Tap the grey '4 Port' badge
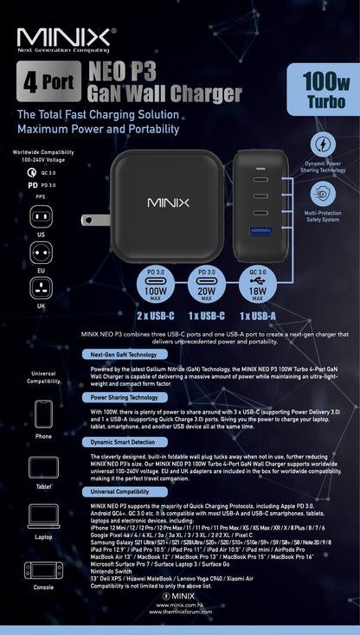[46, 84]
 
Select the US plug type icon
[42, 215]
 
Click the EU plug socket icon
[42, 253]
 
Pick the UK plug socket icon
[42, 289]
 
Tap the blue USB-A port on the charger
[258, 233]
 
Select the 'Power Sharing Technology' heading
[124, 397]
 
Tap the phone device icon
[43, 414]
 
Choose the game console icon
[43, 570]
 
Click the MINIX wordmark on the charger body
[168, 202]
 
